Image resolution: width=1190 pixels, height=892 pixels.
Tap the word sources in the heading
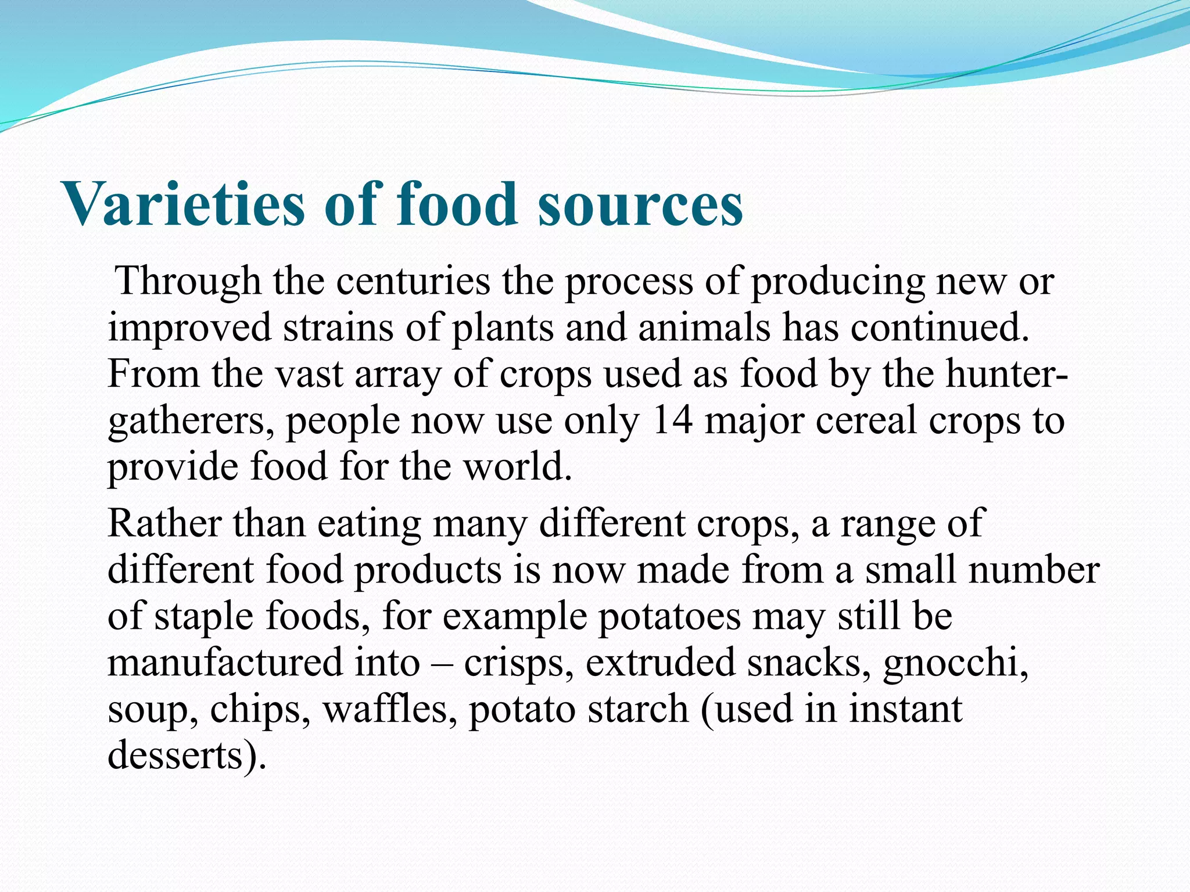coord(640,204)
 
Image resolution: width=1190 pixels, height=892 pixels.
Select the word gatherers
coord(191,421)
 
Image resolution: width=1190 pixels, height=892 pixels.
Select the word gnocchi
coord(955,664)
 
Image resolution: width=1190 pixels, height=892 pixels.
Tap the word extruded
coord(659,663)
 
